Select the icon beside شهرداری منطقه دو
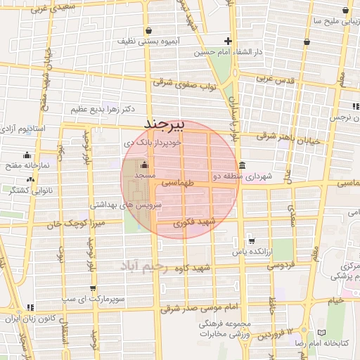coord(243,166)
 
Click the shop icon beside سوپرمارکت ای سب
coord(94,288)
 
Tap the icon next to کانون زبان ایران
coord(30,307)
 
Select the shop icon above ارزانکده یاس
coord(252,240)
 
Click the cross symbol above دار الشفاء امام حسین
coord(228,41)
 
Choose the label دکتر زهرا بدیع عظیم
coord(103,110)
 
